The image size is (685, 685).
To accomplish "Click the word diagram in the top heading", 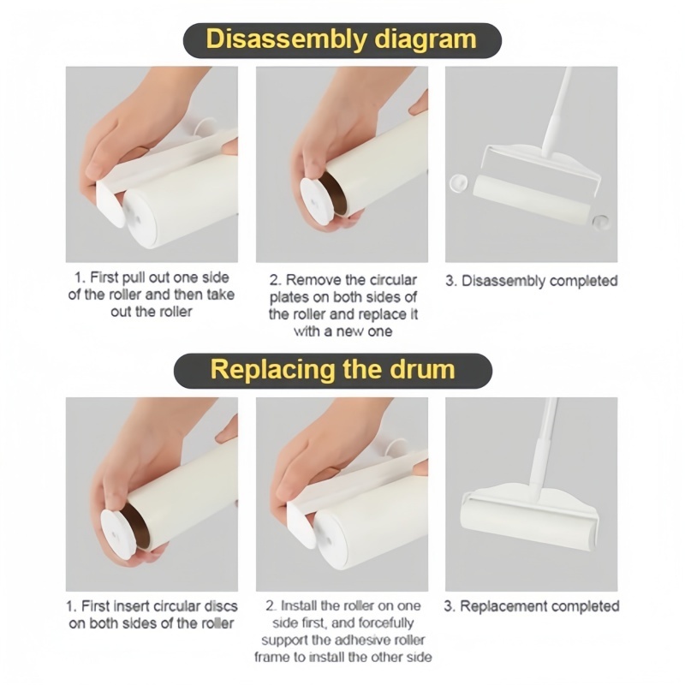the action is (426, 40).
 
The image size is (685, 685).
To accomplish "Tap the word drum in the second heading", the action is (422, 370).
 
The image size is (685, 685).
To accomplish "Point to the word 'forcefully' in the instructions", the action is (386, 623).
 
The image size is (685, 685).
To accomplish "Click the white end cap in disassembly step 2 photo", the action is (315, 201).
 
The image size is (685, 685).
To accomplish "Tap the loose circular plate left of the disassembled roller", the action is (459, 183).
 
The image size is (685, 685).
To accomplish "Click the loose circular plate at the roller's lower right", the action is (601, 223).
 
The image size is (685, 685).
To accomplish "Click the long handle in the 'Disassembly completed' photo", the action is (555, 112).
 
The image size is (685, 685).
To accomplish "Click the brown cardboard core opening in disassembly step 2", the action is (335, 192).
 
